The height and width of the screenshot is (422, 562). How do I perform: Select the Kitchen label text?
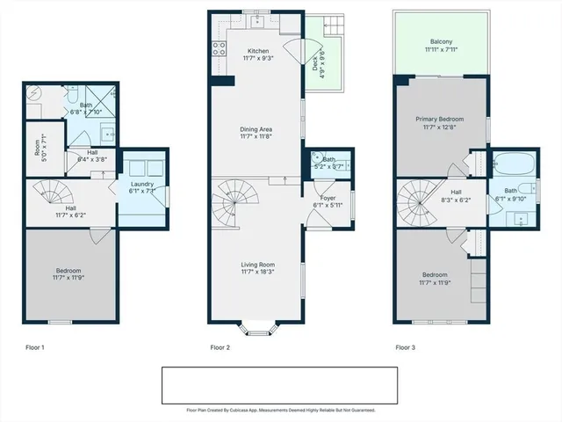click(x=258, y=55)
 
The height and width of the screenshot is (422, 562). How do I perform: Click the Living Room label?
click(x=258, y=267)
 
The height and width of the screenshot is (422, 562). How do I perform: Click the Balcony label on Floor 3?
click(x=441, y=46)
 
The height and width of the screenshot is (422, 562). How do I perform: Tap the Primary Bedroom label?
click(x=440, y=123)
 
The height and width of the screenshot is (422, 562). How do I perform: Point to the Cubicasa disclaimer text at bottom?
click(x=281, y=410)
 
